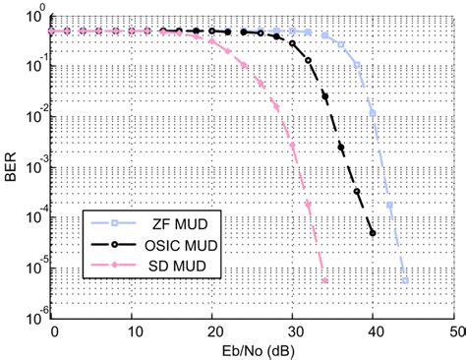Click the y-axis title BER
point(9,164)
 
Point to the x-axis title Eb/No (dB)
point(252,350)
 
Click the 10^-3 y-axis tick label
point(31,165)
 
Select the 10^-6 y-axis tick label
point(31,313)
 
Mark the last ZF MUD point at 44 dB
point(405,281)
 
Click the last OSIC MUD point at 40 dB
point(373,233)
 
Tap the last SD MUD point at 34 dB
point(324,281)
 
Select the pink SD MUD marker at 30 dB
point(293,150)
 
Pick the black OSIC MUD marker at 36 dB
point(341,149)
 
